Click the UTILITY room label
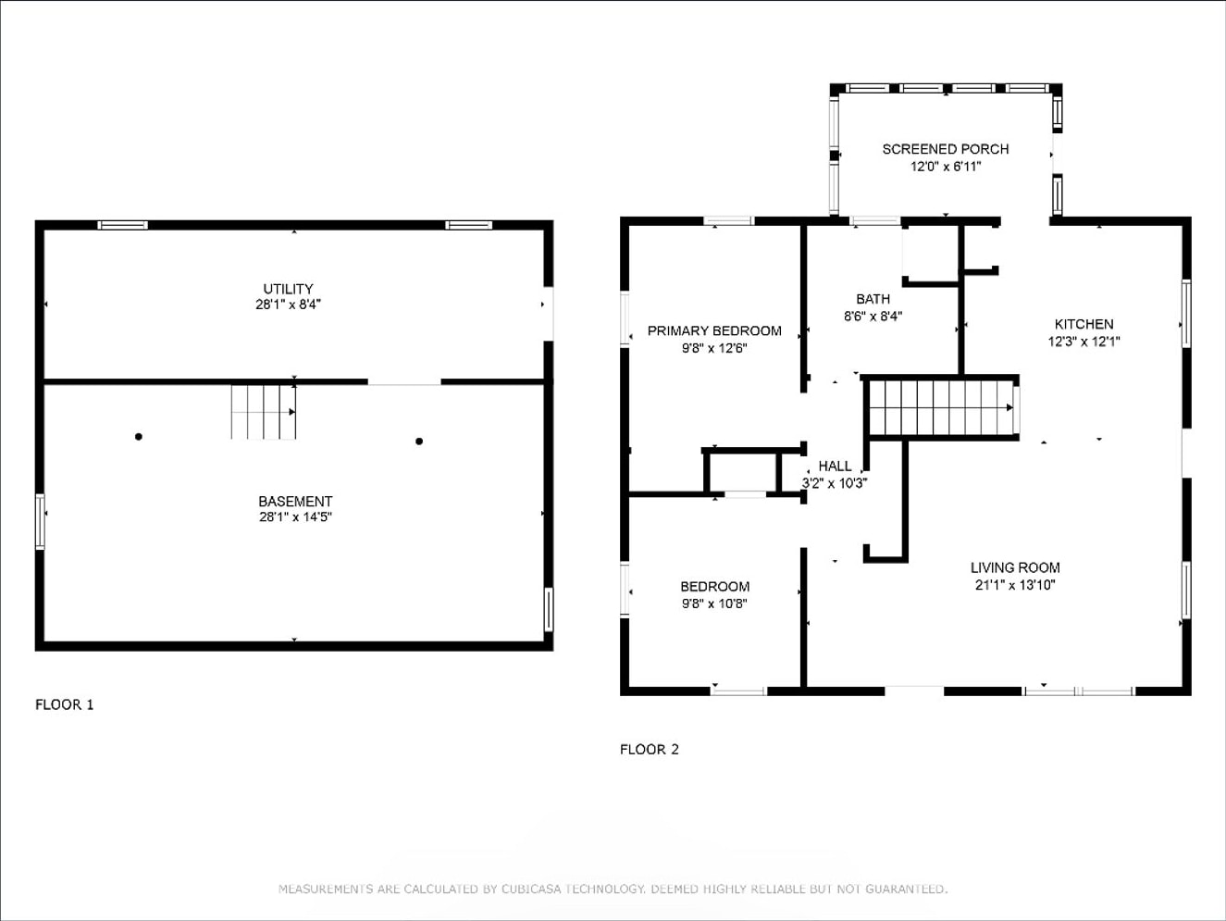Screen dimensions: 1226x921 288,289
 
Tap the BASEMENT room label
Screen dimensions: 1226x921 295,501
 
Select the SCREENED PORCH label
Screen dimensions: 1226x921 946,149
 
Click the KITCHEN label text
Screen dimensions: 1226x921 1084,324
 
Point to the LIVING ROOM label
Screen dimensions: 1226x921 1015,567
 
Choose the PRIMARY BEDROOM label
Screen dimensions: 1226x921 714,330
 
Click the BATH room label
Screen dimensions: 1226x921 873,299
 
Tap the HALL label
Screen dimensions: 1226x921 835,466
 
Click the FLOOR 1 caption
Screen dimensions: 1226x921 64,704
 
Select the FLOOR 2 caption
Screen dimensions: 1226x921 649,750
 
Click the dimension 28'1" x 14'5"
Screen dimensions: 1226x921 295,517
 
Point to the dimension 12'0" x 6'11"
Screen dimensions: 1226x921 946,167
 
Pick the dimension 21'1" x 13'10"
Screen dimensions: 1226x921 1015,585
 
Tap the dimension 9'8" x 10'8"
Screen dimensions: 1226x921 714,604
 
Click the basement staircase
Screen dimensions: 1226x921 264,412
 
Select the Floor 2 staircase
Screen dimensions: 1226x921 942,407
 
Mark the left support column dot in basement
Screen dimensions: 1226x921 139,437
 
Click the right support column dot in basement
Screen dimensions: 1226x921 419,442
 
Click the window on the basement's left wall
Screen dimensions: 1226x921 40,522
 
